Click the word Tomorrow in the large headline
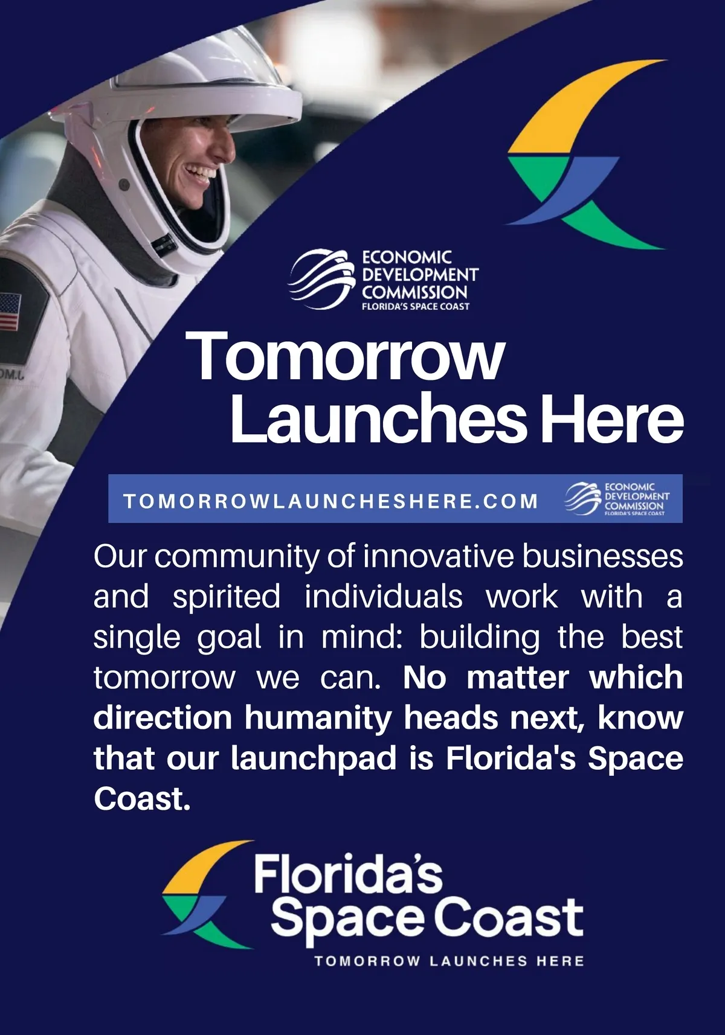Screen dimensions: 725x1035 344,357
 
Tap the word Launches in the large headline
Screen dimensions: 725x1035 378,418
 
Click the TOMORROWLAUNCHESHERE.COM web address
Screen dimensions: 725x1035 330,501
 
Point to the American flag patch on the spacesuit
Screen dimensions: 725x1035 10,311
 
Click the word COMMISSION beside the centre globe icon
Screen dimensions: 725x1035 414,292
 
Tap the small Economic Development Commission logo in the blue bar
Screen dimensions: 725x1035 617,499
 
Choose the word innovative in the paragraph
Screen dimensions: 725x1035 439,557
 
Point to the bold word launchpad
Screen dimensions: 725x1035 314,758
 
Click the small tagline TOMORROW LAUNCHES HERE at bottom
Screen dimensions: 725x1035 449,961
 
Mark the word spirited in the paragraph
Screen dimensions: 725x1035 226,597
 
